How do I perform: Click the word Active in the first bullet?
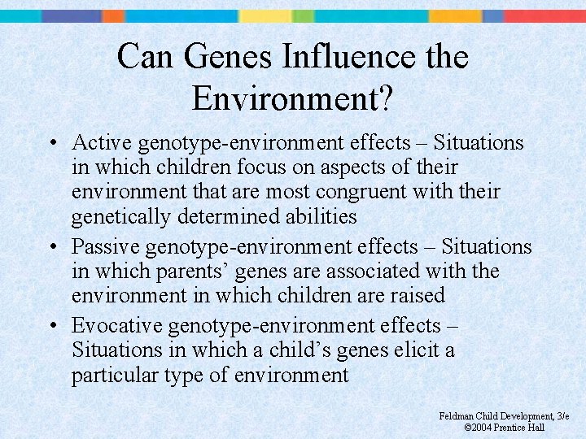coord(102,143)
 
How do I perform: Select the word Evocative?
coord(116,325)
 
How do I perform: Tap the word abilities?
coord(319,216)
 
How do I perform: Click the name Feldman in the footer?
coord(457,416)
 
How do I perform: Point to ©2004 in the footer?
coord(477,428)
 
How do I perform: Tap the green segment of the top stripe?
coord(303,15)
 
